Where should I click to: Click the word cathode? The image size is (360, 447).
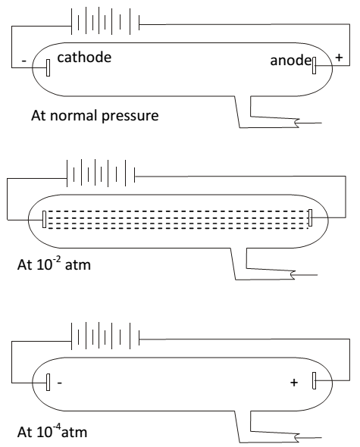pyautogui.click(x=84, y=58)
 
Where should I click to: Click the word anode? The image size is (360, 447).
pyautogui.click(x=291, y=61)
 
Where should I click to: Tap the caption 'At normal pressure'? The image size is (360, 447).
pyautogui.click(x=95, y=115)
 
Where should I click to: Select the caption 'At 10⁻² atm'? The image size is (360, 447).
pyautogui.click(x=54, y=264)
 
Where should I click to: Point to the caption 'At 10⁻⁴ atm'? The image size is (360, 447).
pyautogui.click(x=52, y=431)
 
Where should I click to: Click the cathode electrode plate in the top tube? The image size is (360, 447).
pyautogui.click(x=49, y=67)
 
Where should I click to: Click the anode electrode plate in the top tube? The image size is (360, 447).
pyautogui.click(x=314, y=65)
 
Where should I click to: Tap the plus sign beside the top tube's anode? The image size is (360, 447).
pyautogui.click(x=339, y=58)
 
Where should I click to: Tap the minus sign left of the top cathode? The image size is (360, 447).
pyautogui.click(x=24, y=61)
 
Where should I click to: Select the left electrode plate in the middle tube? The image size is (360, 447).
pyautogui.click(x=44, y=219)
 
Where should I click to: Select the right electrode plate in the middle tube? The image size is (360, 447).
pyautogui.click(x=310, y=217)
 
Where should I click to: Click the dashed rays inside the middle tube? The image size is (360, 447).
pyautogui.click(x=177, y=220)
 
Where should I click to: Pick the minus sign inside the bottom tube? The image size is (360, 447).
pyautogui.click(x=60, y=383)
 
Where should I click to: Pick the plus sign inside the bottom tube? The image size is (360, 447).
pyautogui.click(x=294, y=383)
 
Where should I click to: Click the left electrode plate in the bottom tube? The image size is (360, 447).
pyautogui.click(x=49, y=382)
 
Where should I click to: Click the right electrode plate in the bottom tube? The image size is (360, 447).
pyautogui.click(x=314, y=380)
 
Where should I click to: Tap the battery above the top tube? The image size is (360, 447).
pyautogui.click(x=105, y=21)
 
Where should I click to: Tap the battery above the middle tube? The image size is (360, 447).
pyautogui.click(x=101, y=173)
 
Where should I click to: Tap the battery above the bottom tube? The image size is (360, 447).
pyautogui.click(x=105, y=336)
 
